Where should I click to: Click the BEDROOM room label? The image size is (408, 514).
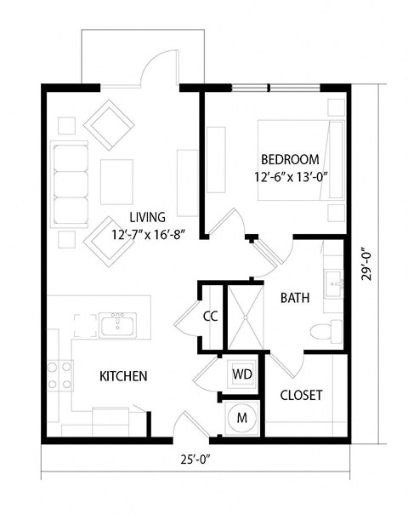point(290,159)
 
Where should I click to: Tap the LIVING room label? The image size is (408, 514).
point(148,217)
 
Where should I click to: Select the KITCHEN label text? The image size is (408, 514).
point(124,375)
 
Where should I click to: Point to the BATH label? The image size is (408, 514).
point(295,298)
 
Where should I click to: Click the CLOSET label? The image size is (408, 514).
point(301,396)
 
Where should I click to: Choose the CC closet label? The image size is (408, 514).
point(211,317)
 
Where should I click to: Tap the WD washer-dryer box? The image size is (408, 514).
point(241,374)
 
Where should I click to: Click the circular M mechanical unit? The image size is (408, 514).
point(241,418)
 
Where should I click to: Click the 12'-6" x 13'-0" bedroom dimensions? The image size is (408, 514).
point(290,178)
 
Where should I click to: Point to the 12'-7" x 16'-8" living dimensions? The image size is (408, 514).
point(148,235)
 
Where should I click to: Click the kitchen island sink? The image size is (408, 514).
point(115,324)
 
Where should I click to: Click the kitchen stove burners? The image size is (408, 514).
point(59,375)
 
